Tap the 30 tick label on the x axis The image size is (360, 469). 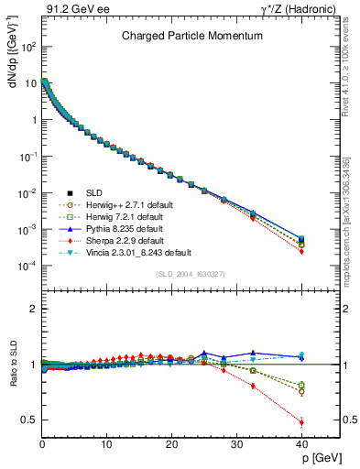point(236,443)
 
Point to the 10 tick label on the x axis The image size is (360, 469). point(106,443)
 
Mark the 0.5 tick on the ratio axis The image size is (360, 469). point(30,420)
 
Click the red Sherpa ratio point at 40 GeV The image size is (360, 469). point(301,422)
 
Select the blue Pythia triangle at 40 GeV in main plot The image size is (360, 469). point(301,237)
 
